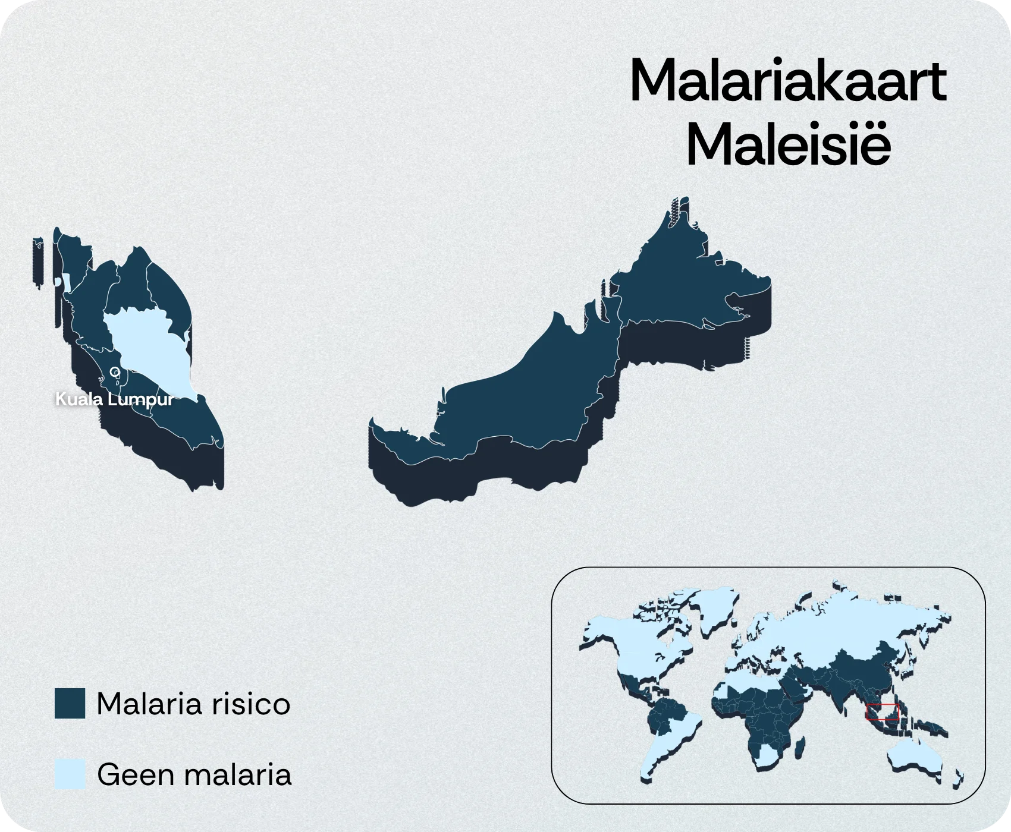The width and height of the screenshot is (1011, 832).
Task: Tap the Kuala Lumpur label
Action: click(x=115, y=399)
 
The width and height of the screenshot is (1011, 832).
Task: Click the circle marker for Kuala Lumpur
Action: click(x=115, y=372)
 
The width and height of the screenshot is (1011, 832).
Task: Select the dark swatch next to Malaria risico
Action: click(x=70, y=704)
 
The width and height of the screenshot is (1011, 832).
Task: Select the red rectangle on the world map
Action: click(x=882, y=712)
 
